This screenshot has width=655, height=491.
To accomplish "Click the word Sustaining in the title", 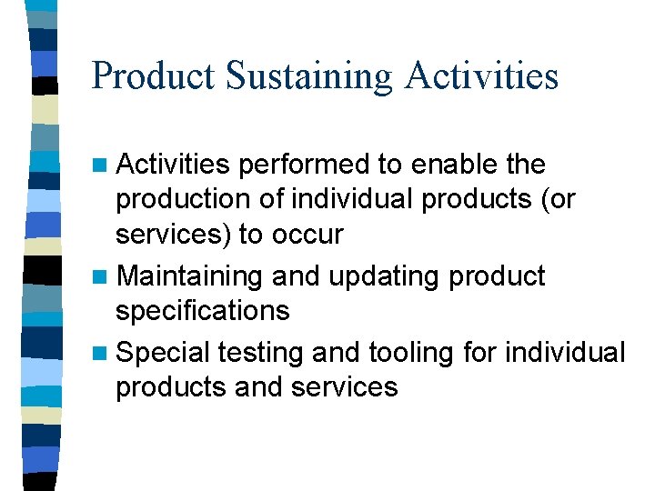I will click(308, 76).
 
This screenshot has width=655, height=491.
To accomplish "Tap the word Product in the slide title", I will click(153, 76).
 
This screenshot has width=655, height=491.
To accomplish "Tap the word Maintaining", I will click(191, 276).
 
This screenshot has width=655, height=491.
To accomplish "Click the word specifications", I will click(202, 311).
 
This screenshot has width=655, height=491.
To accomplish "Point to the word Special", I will click(164, 352).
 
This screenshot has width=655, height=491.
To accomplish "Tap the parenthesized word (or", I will click(556, 200).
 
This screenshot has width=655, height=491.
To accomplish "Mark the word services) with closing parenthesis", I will click(173, 235).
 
